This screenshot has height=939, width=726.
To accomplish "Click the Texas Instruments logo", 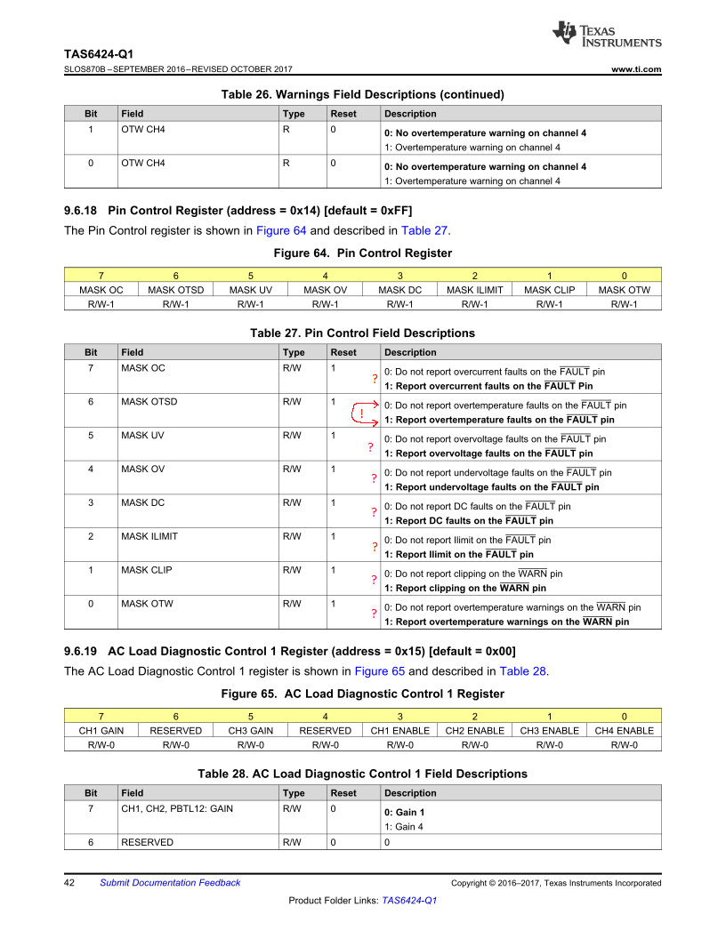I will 606,34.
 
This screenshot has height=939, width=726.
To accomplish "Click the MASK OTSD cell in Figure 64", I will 176,290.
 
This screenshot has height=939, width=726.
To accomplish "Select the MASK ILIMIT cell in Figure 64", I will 475,290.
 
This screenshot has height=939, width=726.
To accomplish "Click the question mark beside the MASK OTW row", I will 375,614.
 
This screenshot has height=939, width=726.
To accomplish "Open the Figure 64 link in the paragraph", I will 280,231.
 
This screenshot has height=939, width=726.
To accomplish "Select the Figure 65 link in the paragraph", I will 379,671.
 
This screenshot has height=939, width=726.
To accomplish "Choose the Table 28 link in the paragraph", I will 523,671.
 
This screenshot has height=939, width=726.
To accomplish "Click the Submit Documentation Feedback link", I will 170,883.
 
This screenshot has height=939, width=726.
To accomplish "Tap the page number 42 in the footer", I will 69,883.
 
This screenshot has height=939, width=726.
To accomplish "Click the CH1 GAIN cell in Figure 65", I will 101,731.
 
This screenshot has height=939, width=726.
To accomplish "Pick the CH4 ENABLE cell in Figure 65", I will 625,731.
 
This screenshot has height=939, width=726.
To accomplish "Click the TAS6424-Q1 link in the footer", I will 409,901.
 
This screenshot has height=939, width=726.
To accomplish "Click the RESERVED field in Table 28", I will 147,842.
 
